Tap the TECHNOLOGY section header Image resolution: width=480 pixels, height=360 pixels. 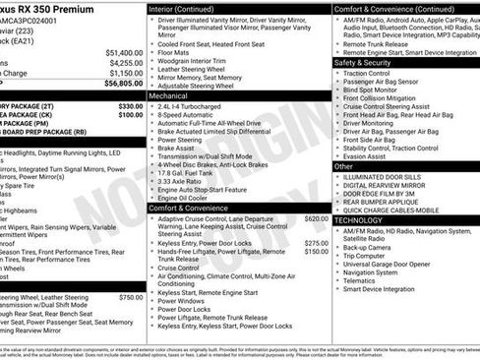pyautogui.click(x=359, y=221)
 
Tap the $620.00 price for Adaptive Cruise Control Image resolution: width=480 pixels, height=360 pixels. pyautogui.click(x=316, y=218)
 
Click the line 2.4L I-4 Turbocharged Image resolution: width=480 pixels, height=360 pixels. pyautogui.click(x=192, y=106)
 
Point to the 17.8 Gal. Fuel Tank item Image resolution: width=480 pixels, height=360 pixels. pyautogui.click(x=187, y=173)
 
